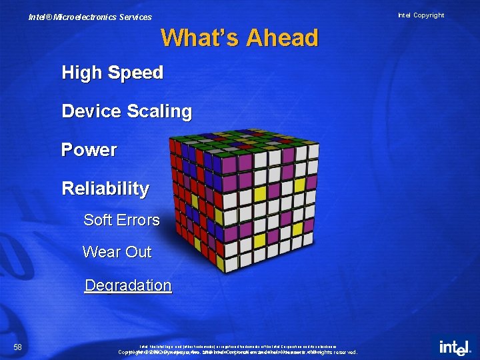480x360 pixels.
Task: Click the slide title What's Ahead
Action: pos(239,38)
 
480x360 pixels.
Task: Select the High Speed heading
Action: pos(112,73)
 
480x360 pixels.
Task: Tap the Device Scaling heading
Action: pos(127,111)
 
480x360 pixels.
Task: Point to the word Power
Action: pos(89,150)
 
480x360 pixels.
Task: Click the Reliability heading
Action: pos(105,189)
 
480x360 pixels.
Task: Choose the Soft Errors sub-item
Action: pos(121,220)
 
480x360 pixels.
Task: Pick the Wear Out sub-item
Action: pos(117,252)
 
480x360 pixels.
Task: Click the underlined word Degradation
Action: pos(128,285)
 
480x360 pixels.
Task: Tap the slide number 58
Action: pos(18,347)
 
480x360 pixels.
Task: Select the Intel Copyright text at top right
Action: pos(421,15)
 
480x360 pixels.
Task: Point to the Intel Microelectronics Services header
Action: pos(90,17)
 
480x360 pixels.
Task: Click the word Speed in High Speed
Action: pos(136,73)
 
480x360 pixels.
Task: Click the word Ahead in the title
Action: pos(282,38)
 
